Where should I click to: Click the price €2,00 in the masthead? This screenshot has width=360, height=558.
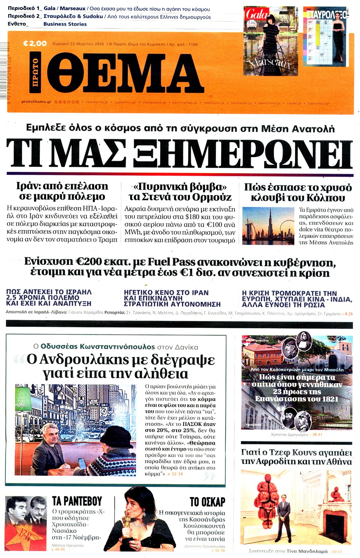[35, 44]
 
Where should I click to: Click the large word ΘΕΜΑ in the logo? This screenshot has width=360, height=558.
[125, 73]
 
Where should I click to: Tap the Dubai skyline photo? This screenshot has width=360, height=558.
[268, 226]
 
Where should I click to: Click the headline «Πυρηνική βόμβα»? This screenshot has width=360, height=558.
[180, 187]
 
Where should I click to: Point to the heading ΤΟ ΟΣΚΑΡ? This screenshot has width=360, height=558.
[207, 502]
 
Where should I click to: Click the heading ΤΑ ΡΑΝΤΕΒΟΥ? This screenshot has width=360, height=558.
[77, 501]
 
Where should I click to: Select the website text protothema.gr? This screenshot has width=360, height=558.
[36, 102]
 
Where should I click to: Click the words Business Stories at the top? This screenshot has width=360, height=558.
[65, 24]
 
